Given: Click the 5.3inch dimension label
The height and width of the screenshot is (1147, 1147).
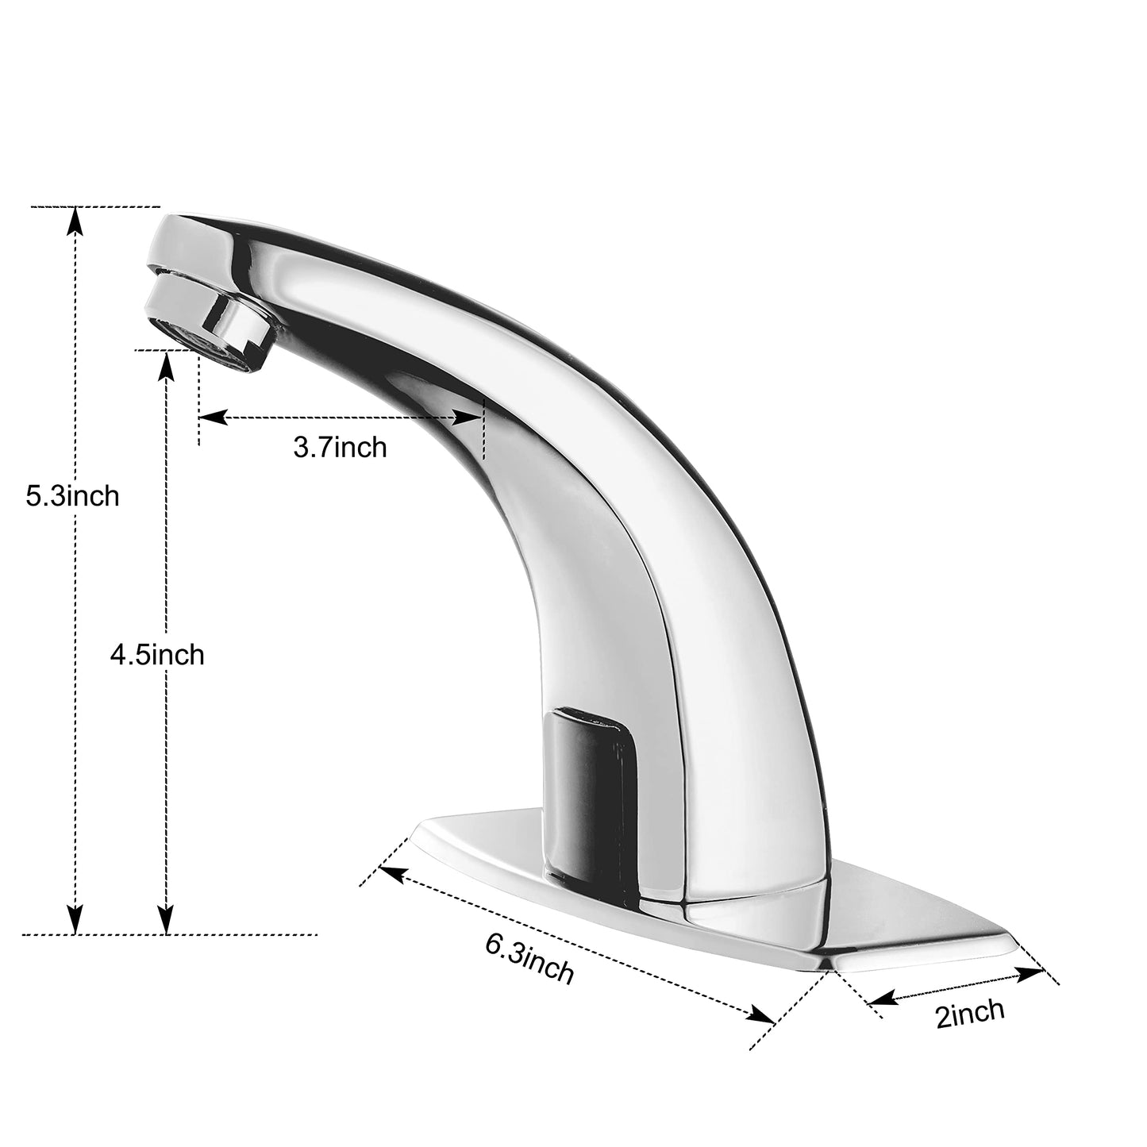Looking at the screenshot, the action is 72,496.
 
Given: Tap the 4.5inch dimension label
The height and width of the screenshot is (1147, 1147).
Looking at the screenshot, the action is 157,656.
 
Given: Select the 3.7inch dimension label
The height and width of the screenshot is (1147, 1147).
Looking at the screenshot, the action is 340,448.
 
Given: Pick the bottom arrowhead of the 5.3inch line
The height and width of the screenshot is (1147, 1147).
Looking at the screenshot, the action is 75,919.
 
